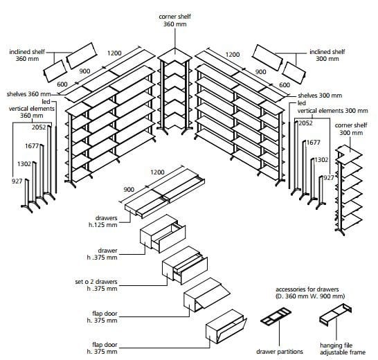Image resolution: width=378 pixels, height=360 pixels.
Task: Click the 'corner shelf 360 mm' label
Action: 174,20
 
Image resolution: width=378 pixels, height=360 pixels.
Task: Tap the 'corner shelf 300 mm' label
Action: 351,129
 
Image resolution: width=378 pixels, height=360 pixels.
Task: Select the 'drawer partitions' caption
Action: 280,352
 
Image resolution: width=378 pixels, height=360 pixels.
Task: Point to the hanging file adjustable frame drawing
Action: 335,315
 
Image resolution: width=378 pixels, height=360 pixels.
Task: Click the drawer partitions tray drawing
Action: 276,316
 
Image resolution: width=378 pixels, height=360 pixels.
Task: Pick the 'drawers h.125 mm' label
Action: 103,222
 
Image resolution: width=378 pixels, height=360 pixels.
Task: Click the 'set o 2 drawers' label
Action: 96,282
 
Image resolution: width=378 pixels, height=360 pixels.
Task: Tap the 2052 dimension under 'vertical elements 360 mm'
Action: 39,127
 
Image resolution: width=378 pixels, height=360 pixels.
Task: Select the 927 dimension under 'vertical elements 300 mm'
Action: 329,178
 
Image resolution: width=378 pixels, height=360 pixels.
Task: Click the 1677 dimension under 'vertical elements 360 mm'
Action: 32,146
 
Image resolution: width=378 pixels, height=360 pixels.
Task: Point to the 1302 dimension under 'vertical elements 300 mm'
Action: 321,160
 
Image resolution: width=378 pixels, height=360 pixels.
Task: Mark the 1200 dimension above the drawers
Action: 157,172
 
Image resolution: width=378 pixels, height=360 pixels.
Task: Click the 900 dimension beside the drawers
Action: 129,190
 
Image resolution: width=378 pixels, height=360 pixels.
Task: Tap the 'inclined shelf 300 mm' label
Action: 327,55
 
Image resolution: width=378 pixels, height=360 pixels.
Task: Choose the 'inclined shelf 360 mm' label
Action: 27,55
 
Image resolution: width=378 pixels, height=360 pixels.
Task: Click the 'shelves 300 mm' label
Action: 320,96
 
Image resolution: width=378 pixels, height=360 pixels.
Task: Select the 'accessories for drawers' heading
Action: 307,289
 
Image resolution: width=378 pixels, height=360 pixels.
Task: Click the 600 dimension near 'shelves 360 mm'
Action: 62,84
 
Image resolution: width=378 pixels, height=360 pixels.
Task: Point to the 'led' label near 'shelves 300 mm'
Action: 302,103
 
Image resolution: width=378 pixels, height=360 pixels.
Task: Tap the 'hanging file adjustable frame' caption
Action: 343,349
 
